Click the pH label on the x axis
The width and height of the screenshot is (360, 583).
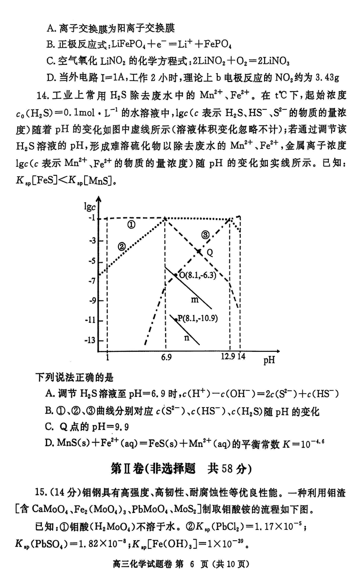[269, 360]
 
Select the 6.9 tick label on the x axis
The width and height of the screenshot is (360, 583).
[166, 357]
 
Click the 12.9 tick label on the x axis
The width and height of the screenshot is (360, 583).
[228, 357]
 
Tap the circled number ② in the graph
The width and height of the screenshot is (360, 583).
[122, 246]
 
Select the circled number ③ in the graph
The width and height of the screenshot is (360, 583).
[205, 234]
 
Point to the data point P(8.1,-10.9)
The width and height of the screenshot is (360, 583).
[176, 319]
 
